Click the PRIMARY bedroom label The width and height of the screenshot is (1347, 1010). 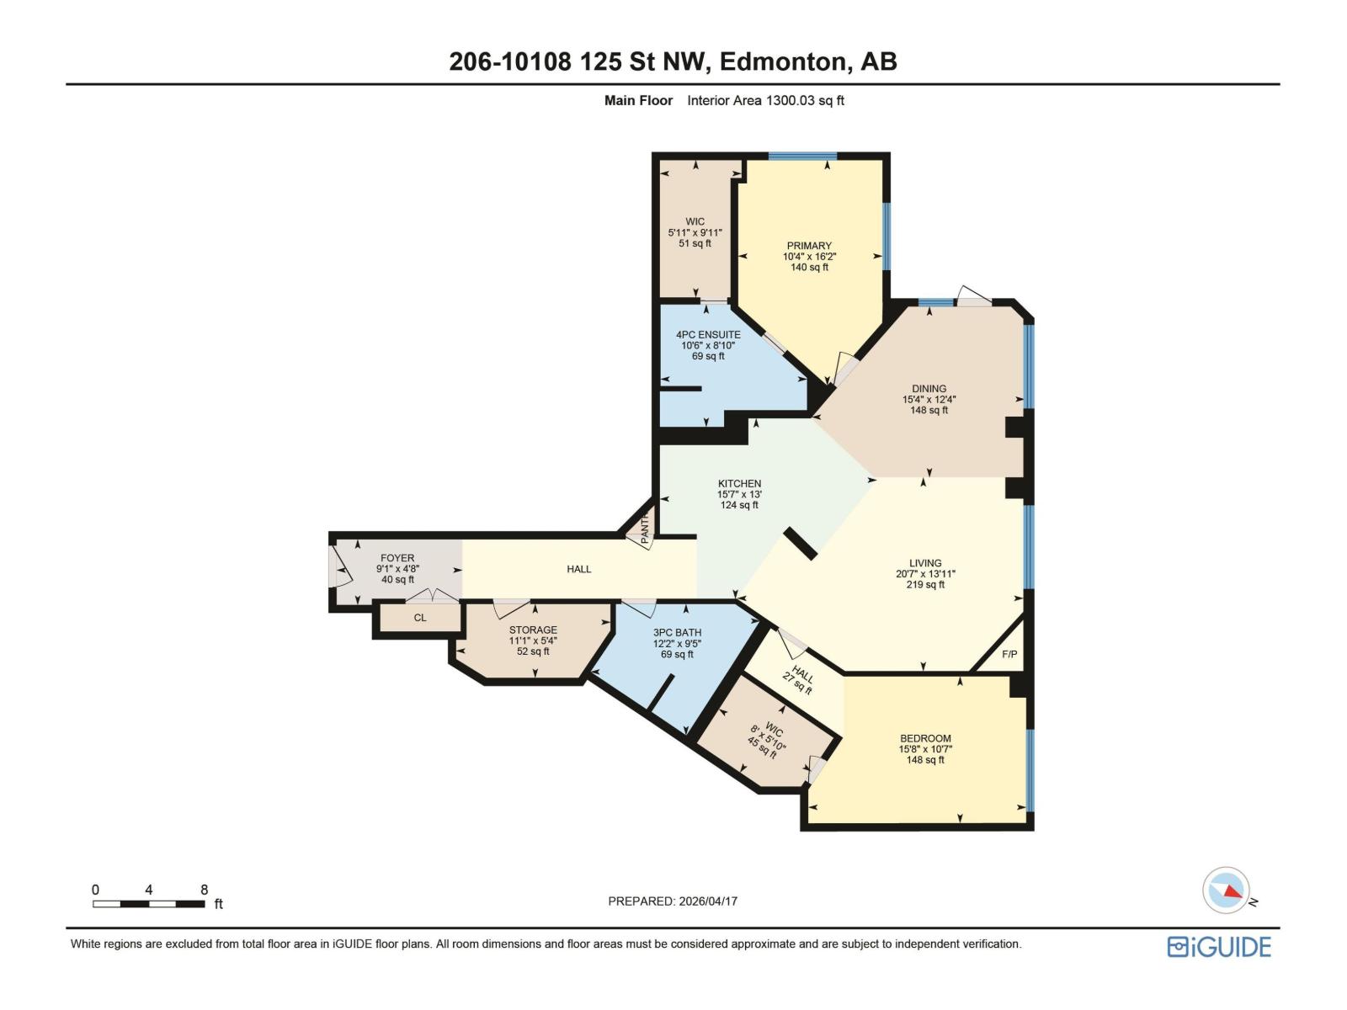(x=809, y=246)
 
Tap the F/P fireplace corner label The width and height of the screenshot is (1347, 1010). (x=1009, y=654)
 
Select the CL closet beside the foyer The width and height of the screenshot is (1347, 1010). (x=420, y=618)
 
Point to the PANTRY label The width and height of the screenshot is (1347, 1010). (x=645, y=529)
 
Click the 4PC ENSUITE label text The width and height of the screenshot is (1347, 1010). (x=708, y=334)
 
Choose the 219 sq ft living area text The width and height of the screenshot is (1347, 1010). (x=925, y=584)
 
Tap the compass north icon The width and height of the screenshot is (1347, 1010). (x=1226, y=890)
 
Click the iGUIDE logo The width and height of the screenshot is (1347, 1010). (x=1218, y=947)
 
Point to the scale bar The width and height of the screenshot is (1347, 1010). (x=149, y=904)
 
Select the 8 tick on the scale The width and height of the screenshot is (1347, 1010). (x=204, y=890)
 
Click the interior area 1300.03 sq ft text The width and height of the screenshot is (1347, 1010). (x=765, y=100)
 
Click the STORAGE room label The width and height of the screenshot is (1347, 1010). (x=533, y=630)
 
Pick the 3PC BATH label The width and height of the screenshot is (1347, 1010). (x=677, y=633)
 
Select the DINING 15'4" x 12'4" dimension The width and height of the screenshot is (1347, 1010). (x=929, y=400)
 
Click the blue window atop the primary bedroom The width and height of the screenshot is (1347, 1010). (x=802, y=156)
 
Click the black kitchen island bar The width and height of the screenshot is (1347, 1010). (x=801, y=544)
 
